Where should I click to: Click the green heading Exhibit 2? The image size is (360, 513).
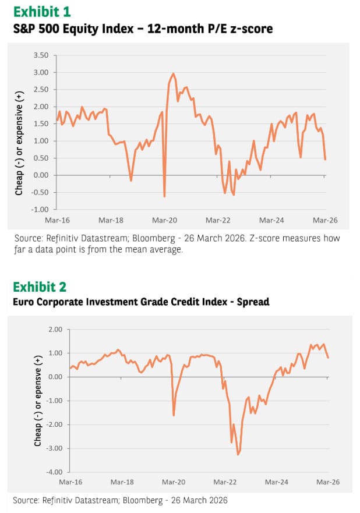pos(39,286)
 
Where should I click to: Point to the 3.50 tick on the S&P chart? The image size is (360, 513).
pos(41,56)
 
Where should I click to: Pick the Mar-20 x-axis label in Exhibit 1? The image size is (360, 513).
pos(165,221)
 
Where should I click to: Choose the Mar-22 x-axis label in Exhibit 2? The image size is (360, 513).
pos(225,483)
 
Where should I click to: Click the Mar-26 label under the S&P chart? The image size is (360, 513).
pos(325,221)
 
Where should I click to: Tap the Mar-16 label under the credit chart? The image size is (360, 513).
pos(70,483)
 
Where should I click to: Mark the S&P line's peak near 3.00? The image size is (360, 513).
pos(174,74)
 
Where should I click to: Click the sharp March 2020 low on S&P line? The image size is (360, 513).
pos(164,196)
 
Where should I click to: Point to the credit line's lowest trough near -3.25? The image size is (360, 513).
pos(238,454)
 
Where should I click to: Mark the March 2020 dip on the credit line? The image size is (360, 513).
pos(174,415)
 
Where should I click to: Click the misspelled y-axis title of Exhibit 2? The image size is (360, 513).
pos(37,401)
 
